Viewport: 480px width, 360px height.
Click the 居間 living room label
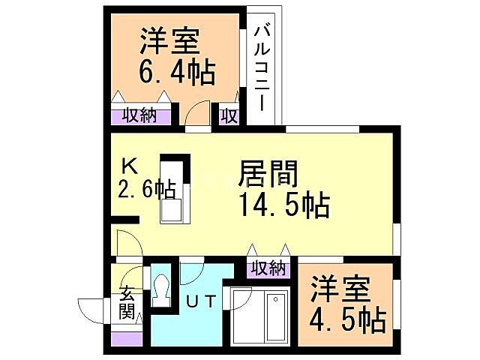point(268,175)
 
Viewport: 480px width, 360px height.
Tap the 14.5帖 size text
point(283,205)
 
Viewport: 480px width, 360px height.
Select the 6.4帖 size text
point(177,73)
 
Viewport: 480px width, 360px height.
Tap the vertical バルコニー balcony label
point(262,67)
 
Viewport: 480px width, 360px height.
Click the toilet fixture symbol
point(160,289)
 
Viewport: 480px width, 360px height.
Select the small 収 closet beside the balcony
point(229,116)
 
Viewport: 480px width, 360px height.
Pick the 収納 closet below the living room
point(268,268)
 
